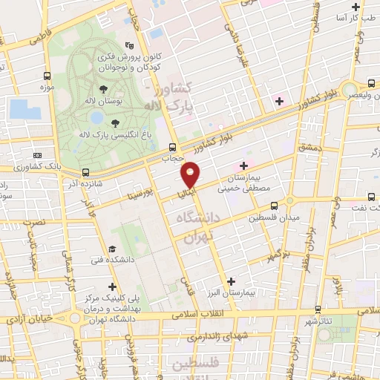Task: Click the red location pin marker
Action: (191, 174)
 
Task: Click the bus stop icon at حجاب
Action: (172, 146)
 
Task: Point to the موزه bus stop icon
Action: (47, 76)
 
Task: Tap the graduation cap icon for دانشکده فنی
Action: (111, 249)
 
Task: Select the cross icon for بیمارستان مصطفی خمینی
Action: (243, 164)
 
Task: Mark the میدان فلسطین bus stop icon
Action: (274, 205)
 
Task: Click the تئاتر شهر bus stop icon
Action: (318, 309)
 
